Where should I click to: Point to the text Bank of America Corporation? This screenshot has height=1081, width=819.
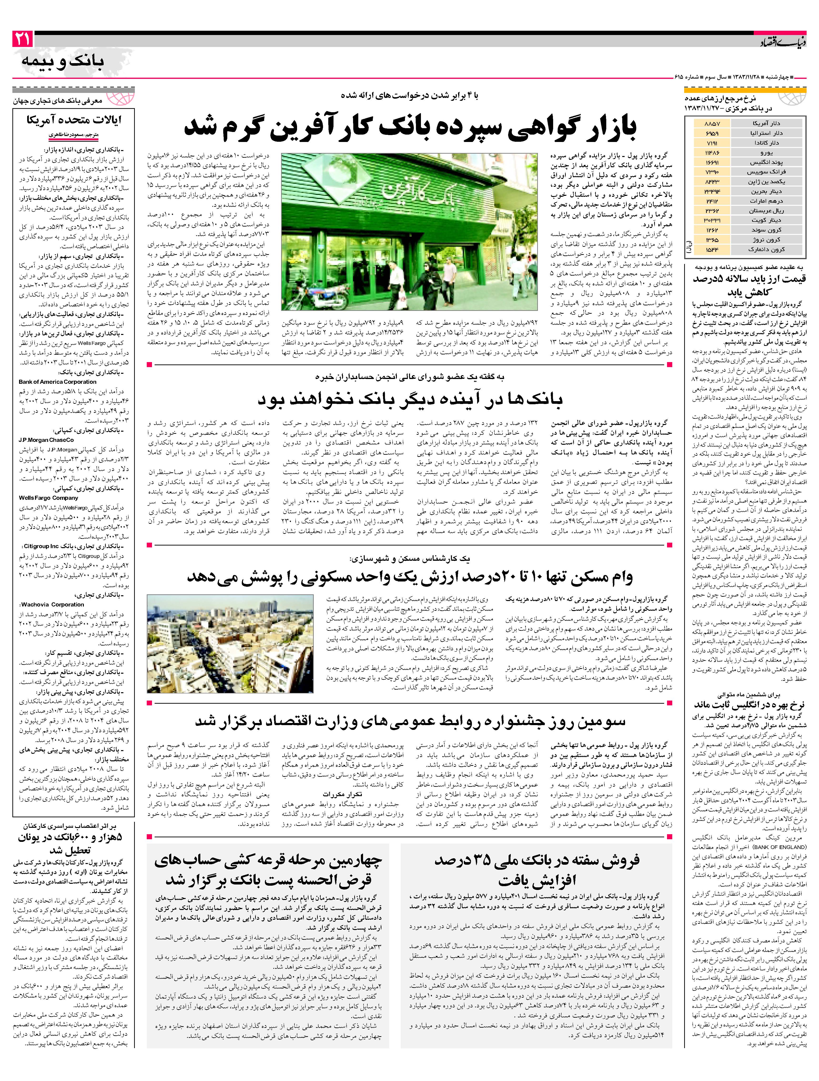58,382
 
